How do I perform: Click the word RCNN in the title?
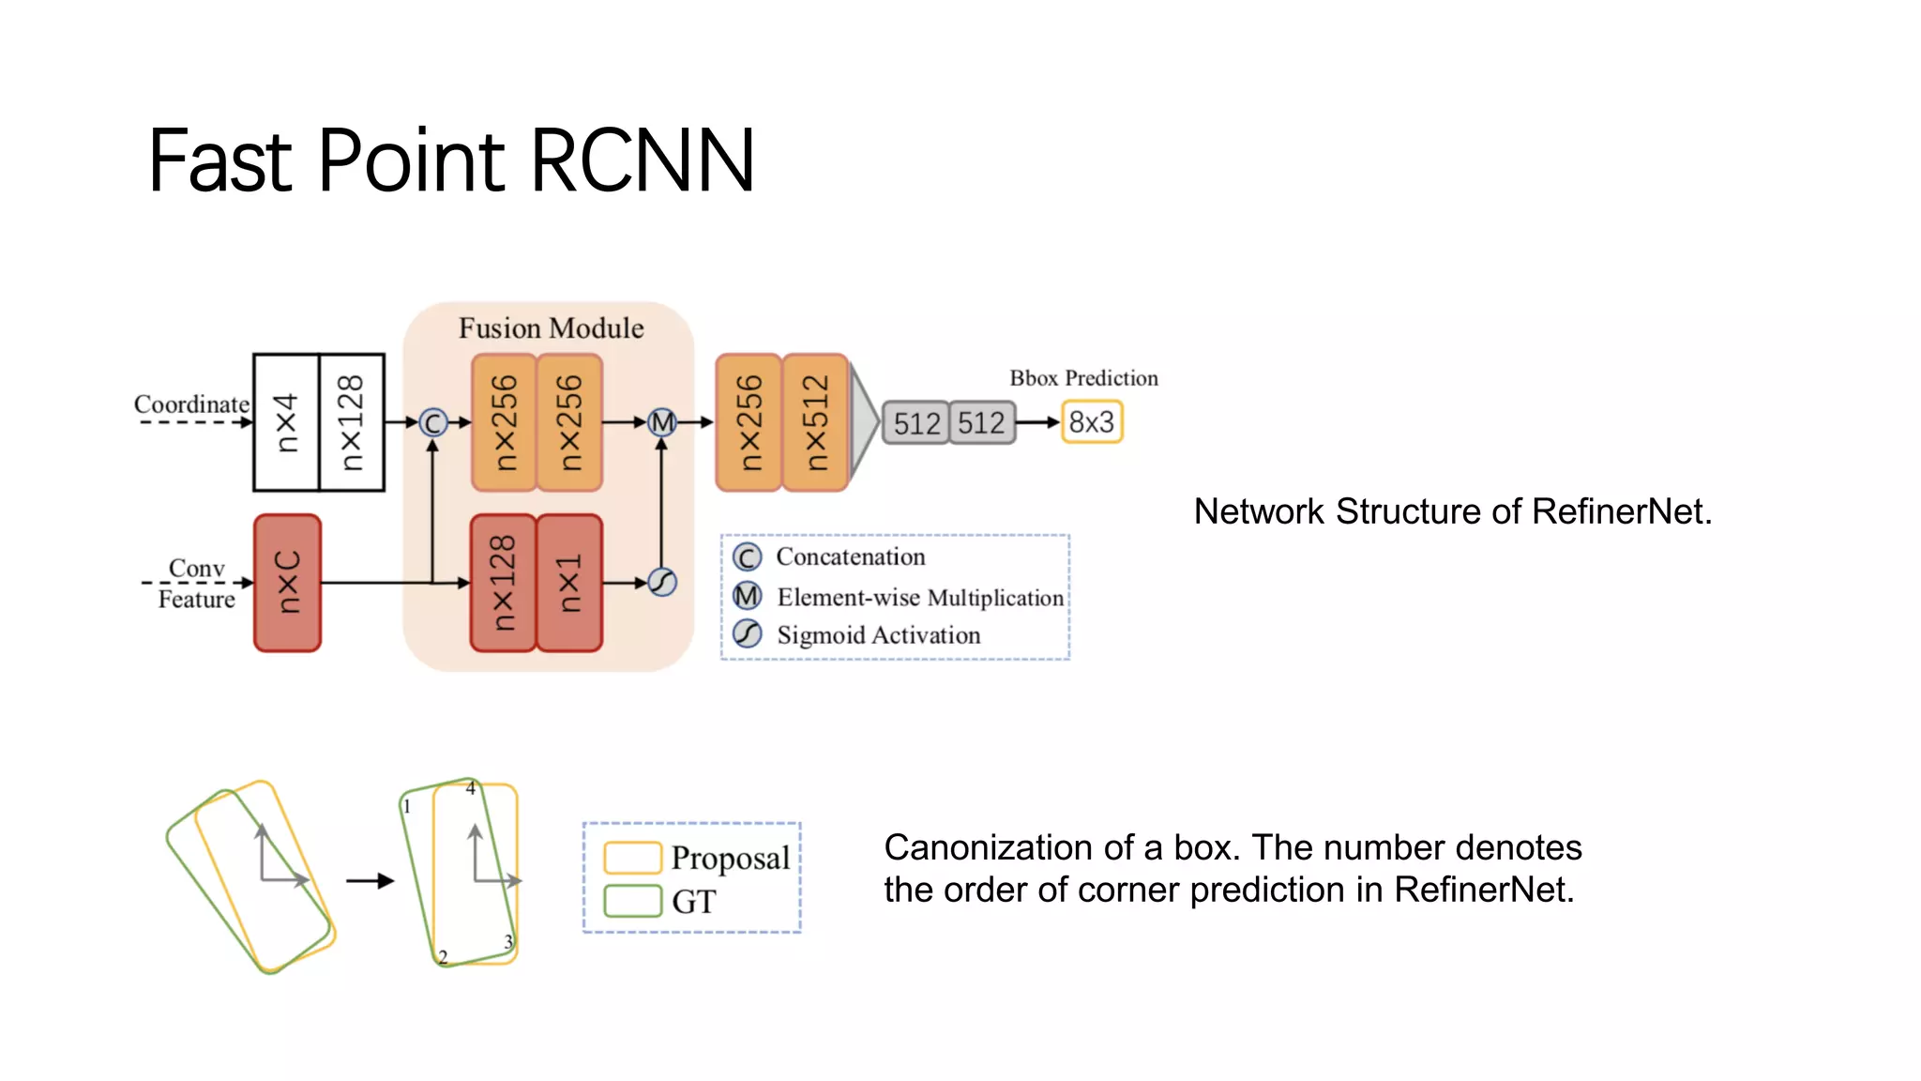tap(642, 161)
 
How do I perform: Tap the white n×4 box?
tap(286, 422)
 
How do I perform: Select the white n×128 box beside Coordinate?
tap(352, 422)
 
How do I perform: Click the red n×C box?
tap(287, 583)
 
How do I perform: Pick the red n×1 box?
tap(569, 583)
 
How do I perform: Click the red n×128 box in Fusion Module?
tap(504, 583)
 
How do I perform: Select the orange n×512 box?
tap(815, 422)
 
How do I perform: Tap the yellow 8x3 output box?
tap(1092, 422)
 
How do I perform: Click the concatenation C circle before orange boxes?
tap(432, 423)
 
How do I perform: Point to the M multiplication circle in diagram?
tap(662, 423)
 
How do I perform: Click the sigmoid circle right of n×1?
tap(662, 583)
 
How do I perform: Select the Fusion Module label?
tap(551, 328)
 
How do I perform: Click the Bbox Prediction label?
tap(1083, 378)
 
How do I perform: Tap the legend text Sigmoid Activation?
tap(878, 635)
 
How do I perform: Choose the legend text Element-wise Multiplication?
tap(920, 598)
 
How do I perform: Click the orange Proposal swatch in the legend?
tap(632, 858)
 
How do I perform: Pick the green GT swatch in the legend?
tap(632, 901)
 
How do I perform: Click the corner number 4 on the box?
tap(471, 788)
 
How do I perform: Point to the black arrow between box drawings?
tap(371, 880)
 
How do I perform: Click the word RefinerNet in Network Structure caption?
tap(1621, 511)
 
